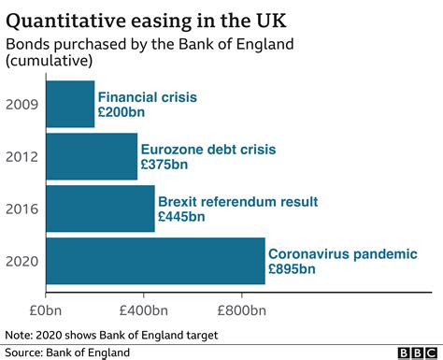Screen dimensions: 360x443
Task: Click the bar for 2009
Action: (70, 104)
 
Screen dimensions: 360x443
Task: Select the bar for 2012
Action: (91, 156)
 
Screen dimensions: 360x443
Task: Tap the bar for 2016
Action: (99, 209)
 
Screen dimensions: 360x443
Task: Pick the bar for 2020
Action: (154, 261)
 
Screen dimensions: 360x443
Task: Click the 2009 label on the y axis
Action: (22, 104)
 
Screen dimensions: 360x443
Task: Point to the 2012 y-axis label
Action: (22, 156)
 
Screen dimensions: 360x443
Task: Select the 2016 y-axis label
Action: (22, 209)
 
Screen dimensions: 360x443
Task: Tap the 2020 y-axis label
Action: (22, 261)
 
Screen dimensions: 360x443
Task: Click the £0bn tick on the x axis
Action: (45, 309)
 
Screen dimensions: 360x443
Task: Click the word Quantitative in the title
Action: (70, 18)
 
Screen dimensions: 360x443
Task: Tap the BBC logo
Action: (410, 352)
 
